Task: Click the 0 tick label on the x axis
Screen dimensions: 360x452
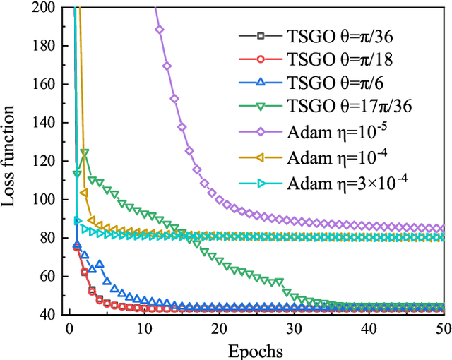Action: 69,329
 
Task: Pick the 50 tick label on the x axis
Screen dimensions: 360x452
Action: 441,329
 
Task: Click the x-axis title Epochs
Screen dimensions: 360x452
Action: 255,350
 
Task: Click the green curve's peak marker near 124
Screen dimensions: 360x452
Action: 85,152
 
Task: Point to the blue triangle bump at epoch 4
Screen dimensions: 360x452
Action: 100,264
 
